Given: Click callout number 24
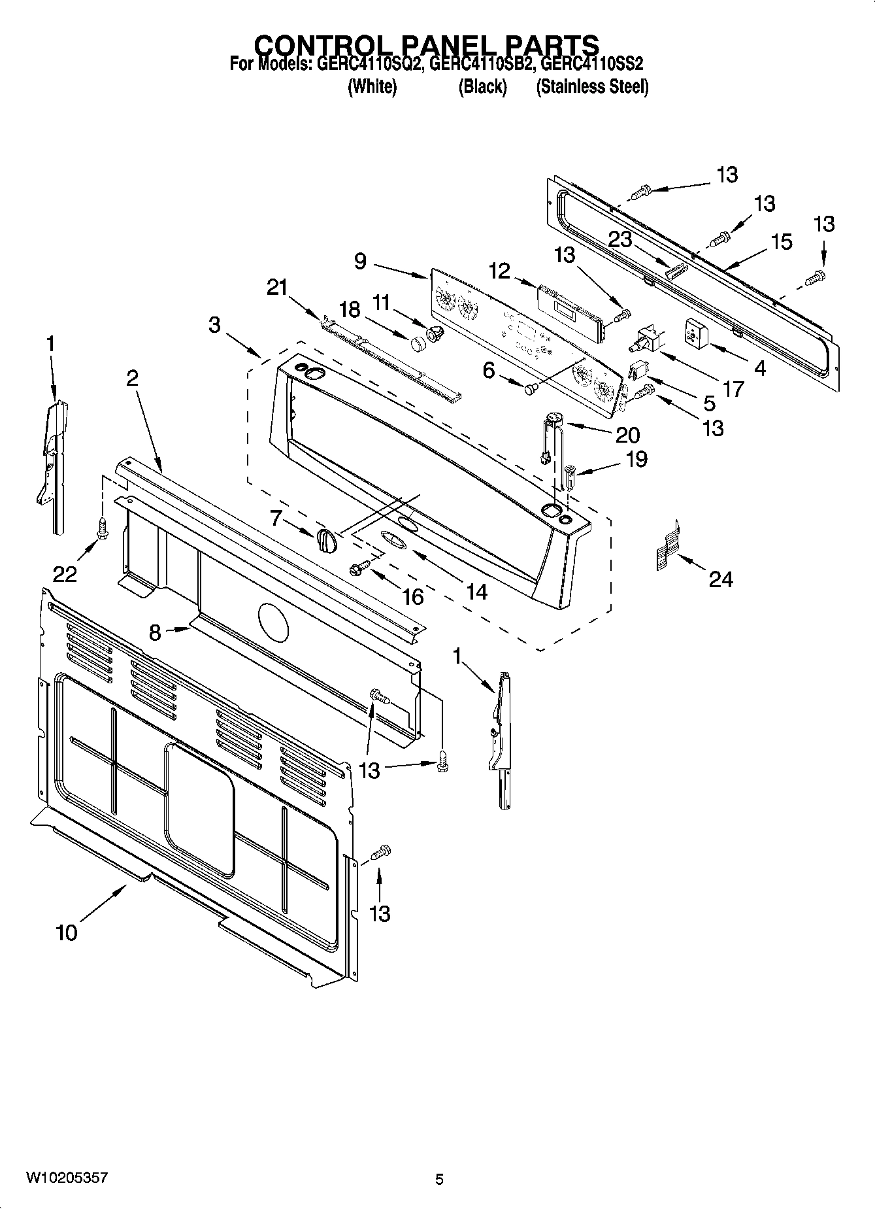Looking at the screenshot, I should [x=721, y=579].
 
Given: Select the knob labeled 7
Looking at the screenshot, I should [x=326, y=541].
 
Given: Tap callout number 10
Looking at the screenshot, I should [x=67, y=932].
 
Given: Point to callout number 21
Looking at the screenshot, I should [x=277, y=286].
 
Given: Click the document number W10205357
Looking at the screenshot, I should [x=67, y=1178].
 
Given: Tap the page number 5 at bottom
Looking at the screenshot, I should [x=439, y=1180].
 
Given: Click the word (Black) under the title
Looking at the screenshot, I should [x=482, y=86].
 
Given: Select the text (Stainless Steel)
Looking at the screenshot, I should [x=592, y=86].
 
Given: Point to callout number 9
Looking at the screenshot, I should [x=361, y=261].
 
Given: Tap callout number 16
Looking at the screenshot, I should [x=413, y=596].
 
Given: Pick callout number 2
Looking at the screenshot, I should [x=132, y=377].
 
